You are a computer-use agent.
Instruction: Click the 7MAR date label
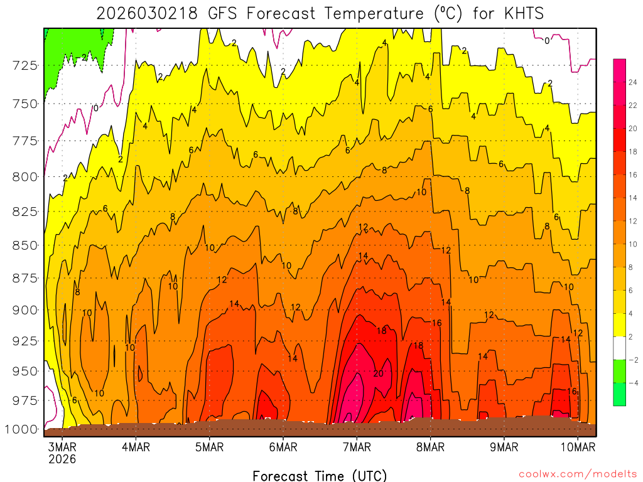356,447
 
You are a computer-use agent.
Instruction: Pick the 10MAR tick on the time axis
578,447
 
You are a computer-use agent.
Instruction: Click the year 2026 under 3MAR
62,459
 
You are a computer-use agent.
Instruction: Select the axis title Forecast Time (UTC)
320,475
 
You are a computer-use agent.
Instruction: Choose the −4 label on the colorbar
633,382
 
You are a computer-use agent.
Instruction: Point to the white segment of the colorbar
619,348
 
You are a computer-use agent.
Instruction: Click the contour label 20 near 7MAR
378,373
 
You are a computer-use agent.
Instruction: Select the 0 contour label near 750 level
95,108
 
